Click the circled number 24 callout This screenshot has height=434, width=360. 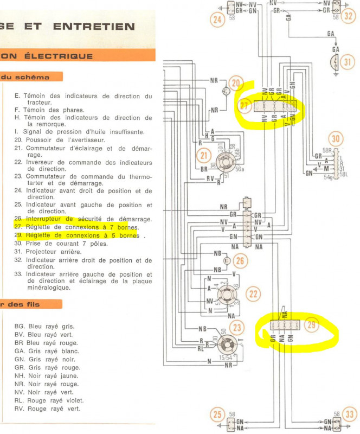coord(217,22)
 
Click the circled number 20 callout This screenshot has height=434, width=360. coord(235,84)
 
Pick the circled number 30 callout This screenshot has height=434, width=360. coord(336,139)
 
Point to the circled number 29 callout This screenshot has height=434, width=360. coord(311,325)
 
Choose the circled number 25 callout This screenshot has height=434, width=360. coord(217,416)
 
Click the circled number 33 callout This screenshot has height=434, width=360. coord(350,416)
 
